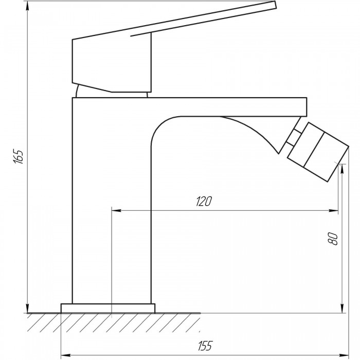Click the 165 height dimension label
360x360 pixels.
pyautogui.click(x=19, y=156)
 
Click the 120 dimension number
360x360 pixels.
pyautogui.click(x=204, y=201)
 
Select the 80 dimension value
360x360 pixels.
pyautogui.click(x=333, y=239)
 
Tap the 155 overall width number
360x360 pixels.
pyautogui.click(x=205, y=346)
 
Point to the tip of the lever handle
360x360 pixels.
pyautogui.click(x=275, y=5)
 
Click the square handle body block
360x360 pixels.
pyautogui.click(x=112, y=64)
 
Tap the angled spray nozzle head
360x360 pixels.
pyautogui.click(x=318, y=152)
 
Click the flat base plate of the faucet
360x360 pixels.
pyautogui.click(x=108, y=308)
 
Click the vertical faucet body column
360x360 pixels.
pyautogui.click(x=112, y=207)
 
